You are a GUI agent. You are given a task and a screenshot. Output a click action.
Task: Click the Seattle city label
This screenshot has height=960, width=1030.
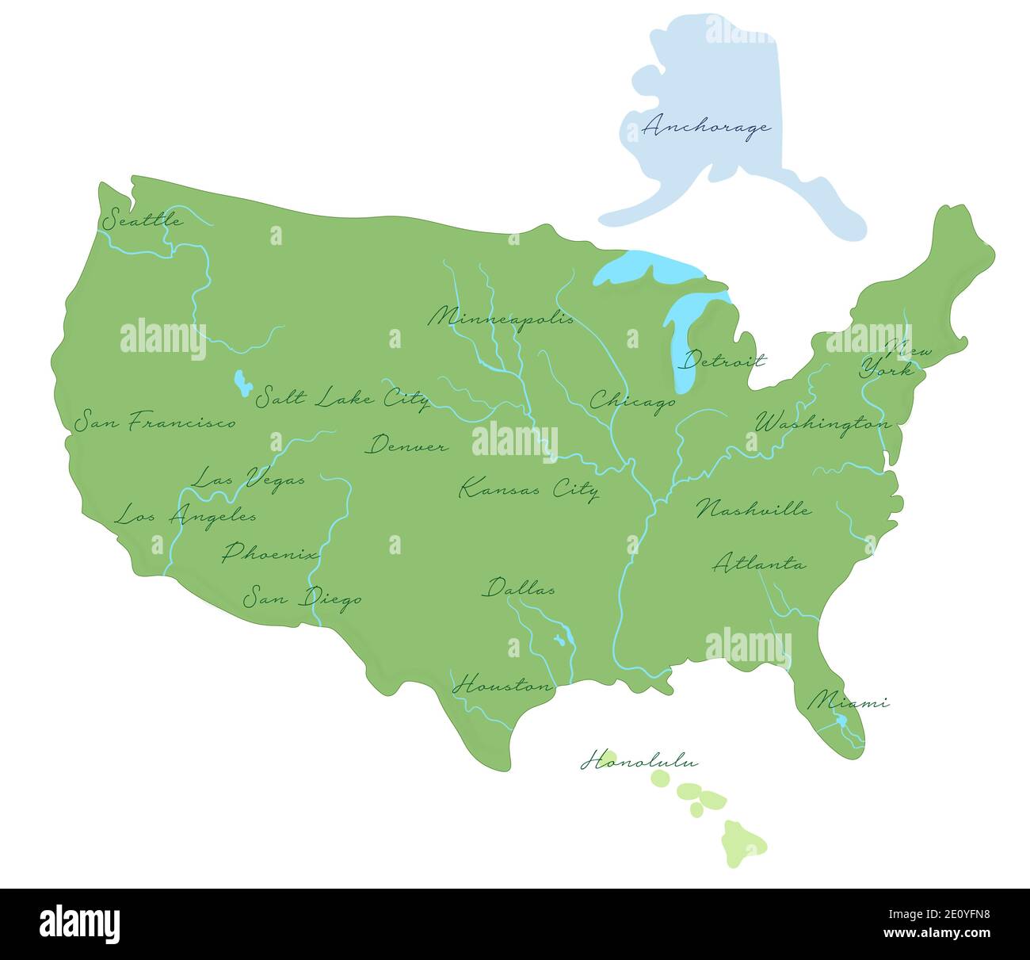143,219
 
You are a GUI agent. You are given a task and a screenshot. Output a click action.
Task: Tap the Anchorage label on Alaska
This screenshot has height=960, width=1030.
705,127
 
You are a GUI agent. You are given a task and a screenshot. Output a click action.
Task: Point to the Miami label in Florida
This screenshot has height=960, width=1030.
847,702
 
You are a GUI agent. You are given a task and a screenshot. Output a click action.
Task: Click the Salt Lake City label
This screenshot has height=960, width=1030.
341,397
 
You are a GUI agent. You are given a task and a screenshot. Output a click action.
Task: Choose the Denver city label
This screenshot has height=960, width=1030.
406,446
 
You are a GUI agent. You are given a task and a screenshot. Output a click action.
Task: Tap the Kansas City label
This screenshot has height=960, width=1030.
528,488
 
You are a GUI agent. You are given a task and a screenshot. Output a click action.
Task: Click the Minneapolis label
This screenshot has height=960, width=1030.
501,318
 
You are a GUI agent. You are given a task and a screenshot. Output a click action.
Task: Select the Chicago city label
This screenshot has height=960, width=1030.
632,401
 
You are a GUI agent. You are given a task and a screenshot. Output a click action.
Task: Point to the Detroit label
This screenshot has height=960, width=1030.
724,361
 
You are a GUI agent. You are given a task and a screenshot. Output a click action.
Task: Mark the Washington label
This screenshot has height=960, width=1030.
822,423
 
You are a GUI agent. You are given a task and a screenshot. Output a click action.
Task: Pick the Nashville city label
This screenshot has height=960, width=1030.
753,509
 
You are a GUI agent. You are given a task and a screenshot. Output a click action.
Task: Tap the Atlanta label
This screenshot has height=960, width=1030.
759,564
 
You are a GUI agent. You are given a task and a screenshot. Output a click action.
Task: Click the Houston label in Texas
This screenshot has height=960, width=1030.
502,685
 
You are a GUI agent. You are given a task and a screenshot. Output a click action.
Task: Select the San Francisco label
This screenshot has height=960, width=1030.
155,422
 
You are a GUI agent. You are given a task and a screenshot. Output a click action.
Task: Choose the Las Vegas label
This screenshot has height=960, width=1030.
248,479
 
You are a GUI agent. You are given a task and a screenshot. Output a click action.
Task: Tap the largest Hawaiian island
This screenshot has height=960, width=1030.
743,842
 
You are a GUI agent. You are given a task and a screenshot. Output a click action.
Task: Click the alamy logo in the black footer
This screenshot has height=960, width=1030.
80,924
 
